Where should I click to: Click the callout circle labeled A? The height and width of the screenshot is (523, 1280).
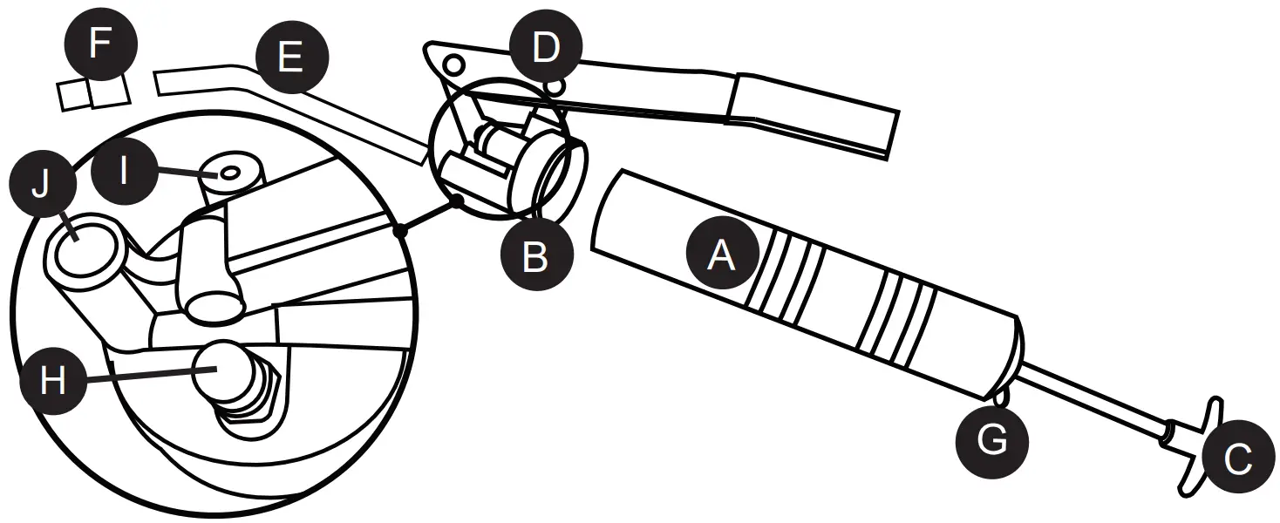click(721, 255)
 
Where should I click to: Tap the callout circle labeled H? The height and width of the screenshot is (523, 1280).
click(53, 381)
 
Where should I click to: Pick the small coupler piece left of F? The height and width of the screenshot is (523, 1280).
click(73, 96)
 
